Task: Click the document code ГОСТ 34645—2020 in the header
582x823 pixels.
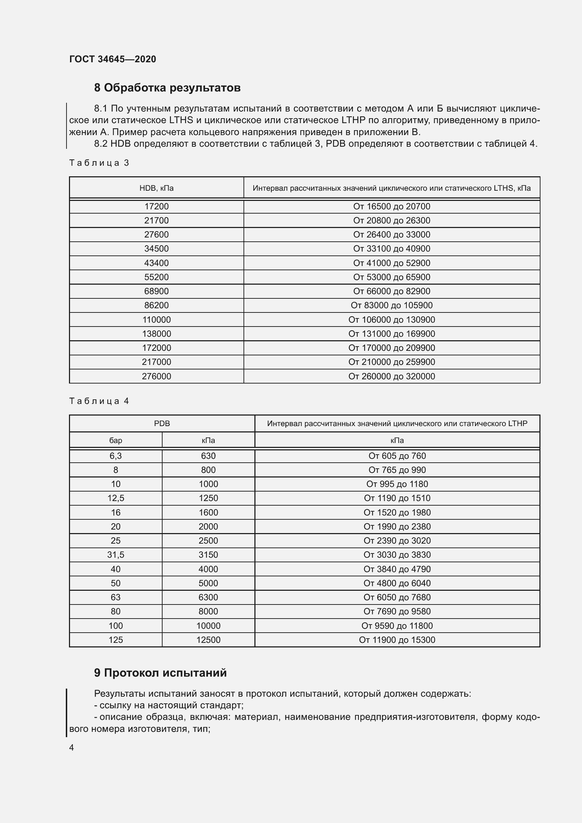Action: (x=113, y=59)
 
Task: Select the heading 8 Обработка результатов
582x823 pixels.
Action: (x=167, y=88)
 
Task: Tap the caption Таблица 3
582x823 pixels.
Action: (x=99, y=163)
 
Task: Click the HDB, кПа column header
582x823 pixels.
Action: (x=156, y=188)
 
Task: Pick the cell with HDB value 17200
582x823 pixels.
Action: (x=156, y=207)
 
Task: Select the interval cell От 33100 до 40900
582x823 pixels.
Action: (x=391, y=249)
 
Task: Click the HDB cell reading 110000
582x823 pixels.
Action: (x=156, y=320)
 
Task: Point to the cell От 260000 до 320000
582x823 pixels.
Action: (x=391, y=376)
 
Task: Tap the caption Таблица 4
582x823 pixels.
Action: (x=99, y=401)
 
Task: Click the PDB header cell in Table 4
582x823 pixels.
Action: (x=162, y=423)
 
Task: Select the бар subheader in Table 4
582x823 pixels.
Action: (x=115, y=440)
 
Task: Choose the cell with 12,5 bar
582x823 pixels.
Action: (x=115, y=498)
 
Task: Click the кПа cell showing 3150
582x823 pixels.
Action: (x=208, y=555)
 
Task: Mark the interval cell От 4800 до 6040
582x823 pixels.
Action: (x=397, y=583)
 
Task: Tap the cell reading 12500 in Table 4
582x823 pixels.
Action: (x=208, y=640)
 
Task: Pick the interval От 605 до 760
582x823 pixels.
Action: (x=397, y=456)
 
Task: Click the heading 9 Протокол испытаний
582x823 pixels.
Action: (x=160, y=673)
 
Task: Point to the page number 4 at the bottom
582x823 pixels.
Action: (x=71, y=747)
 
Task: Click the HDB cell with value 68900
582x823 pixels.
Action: (x=156, y=291)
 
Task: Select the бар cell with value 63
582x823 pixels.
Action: (x=115, y=597)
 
